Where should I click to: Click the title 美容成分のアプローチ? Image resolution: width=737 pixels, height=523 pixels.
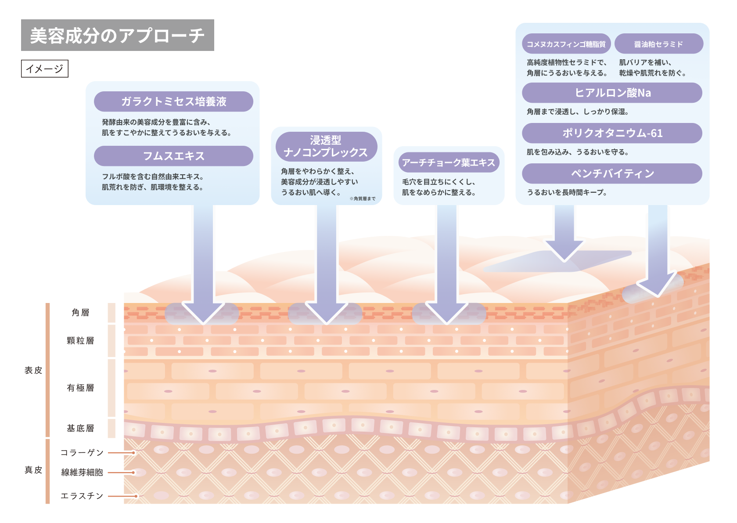[x=117, y=36]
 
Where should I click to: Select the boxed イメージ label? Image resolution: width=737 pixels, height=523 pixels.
[x=45, y=69]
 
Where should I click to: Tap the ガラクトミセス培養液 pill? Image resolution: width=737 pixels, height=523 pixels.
[x=173, y=101]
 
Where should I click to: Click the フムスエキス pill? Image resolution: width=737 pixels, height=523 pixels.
[x=173, y=156]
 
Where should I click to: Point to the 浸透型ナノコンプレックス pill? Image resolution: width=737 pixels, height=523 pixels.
[x=326, y=146]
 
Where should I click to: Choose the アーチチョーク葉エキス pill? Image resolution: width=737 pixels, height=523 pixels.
[x=448, y=163]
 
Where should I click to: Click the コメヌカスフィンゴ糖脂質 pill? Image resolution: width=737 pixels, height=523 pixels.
[x=566, y=44]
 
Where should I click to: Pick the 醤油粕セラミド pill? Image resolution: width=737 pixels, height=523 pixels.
[x=658, y=44]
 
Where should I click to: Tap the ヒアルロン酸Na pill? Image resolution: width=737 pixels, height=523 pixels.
[x=612, y=93]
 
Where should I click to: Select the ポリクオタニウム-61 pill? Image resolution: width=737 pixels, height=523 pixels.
[x=612, y=133]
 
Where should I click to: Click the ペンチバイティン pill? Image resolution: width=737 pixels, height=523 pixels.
[x=612, y=173]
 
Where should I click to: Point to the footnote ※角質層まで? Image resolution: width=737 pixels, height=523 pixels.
[x=363, y=198]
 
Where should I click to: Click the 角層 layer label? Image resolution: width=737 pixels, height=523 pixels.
[x=81, y=313]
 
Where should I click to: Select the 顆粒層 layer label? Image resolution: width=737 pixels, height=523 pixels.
[x=81, y=341]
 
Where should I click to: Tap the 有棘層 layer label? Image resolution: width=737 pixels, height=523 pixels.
[x=81, y=388]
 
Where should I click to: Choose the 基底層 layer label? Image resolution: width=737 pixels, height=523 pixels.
[x=81, y=428]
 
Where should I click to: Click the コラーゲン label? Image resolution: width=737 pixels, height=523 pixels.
[x=82, y=452]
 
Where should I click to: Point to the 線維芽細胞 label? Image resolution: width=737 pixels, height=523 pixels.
[x=82, y=473]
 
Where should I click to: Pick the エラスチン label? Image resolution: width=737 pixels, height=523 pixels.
[x=82, y=496]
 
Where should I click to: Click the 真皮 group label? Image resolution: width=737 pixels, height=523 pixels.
[x=33, y=470]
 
